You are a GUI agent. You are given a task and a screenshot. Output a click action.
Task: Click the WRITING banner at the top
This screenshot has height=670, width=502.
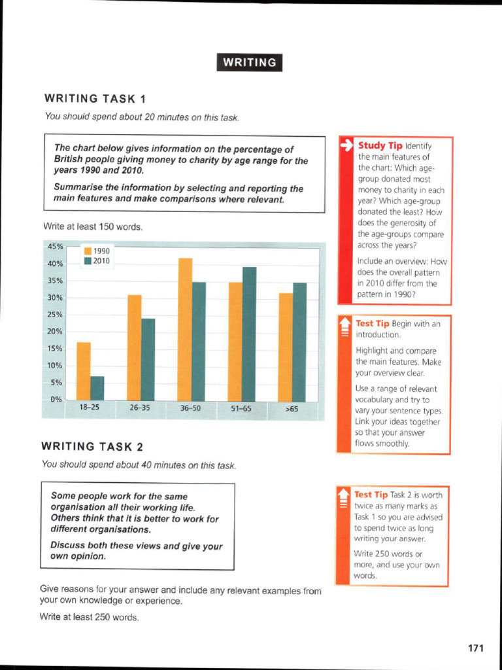tap(249, 62)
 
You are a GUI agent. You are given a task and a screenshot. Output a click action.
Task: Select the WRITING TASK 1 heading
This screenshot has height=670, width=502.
tap(95, 99)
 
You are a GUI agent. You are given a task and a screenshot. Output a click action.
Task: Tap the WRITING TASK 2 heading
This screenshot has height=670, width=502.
tap(92, 447)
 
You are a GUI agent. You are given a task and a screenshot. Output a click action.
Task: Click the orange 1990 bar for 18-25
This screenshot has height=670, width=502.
tap(83, 371)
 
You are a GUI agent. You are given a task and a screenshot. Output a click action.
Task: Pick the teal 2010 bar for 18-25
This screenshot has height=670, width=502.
tap(97, 388)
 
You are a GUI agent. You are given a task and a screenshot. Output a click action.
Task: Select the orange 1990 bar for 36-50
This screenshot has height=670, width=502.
tap(185, 329)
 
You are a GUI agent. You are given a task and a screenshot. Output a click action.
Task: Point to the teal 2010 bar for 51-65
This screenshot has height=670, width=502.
tap(249, 334)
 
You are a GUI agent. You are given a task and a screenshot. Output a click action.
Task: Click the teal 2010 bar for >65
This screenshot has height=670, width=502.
tap(299, 342)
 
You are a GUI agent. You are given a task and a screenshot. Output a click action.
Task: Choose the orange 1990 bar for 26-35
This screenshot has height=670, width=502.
tap(134, 347)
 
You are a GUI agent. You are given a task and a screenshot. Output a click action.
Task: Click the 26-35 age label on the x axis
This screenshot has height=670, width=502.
tap(139, 408)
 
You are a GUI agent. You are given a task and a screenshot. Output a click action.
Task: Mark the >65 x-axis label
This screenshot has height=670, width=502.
tap(292, 409)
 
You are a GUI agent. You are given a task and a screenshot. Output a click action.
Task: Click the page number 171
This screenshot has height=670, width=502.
tap(475, 648)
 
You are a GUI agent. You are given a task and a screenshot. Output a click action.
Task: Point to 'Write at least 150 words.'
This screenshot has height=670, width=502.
tap(92, 227)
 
